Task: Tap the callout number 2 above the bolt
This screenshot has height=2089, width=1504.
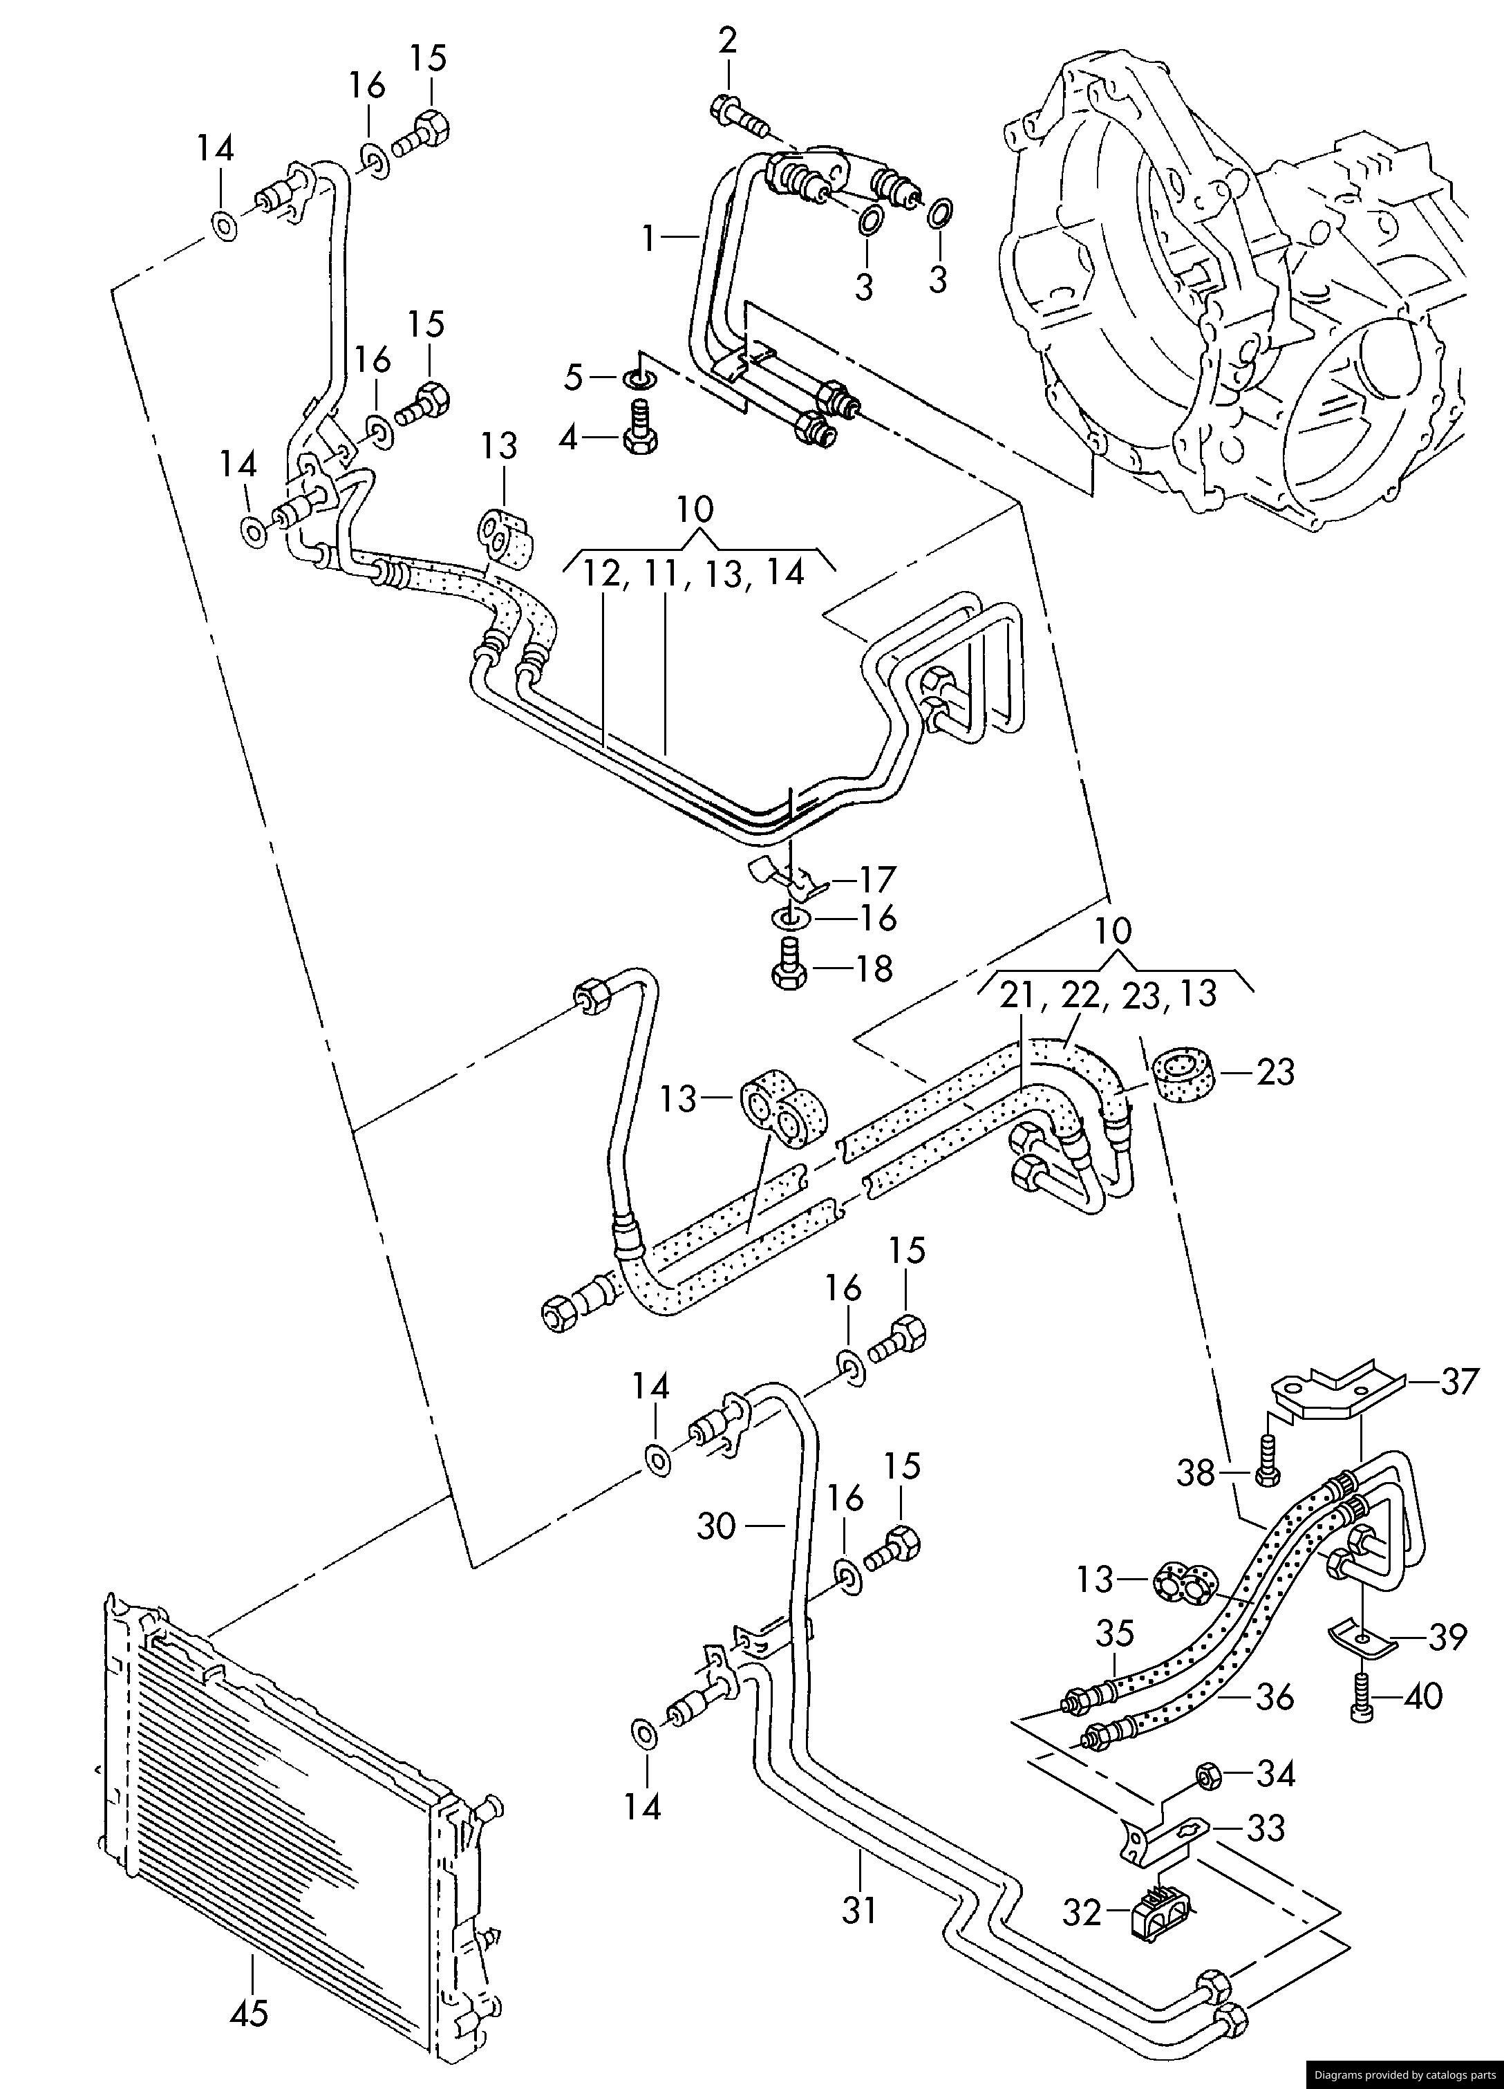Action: (728, 41)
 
